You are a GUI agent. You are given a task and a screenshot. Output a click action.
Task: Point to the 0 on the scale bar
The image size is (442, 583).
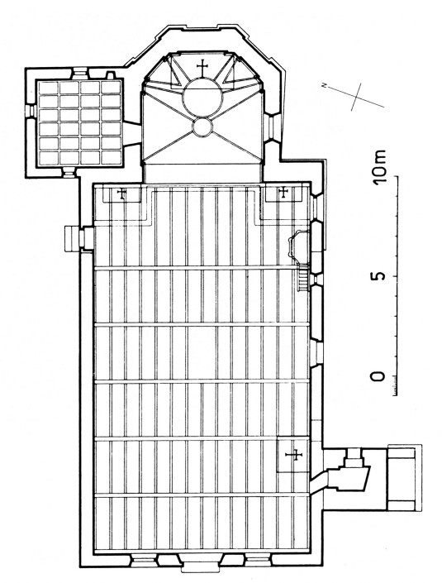[379, 376]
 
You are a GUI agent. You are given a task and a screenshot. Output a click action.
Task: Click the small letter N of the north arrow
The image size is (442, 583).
[325, 86]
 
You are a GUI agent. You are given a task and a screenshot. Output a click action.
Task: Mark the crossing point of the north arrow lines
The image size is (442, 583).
[355, 96]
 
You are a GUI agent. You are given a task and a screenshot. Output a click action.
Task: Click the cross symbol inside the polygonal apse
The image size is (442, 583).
[202, 67]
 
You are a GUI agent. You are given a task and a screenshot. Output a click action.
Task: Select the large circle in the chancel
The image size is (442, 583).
[202, 98]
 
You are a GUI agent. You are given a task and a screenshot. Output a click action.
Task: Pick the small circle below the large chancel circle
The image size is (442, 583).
[202, 127]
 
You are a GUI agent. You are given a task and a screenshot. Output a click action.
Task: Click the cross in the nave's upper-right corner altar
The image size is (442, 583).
[283, 192]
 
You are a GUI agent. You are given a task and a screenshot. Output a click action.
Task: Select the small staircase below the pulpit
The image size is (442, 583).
[303, 278]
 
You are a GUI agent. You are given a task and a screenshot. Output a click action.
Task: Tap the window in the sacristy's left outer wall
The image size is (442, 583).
[31, 111]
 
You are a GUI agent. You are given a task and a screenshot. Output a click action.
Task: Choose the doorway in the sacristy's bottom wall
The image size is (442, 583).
[69, 171]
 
